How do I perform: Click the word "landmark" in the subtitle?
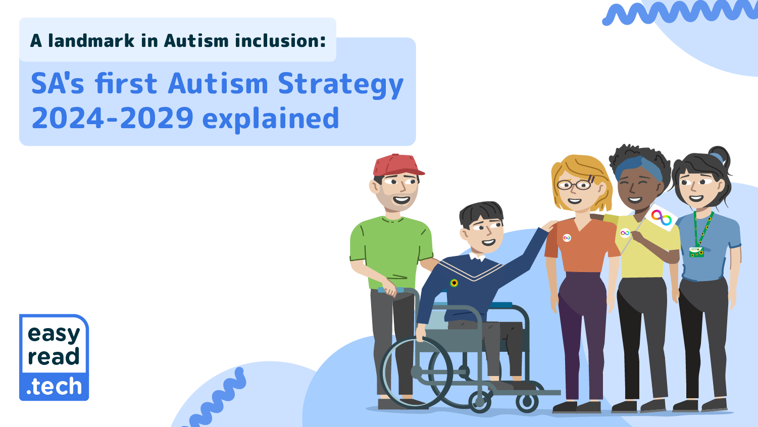point(91,41)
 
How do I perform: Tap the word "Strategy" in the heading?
point(341,84)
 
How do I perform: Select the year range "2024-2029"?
point(113,119)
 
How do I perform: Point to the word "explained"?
point(270,119)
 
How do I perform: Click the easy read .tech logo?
point(54,358)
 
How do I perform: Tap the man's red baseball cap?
point(396,165)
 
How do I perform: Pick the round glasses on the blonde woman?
point(575,185)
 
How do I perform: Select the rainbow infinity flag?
point(661,218)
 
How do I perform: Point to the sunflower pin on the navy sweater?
point(454,283)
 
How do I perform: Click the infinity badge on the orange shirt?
point(567,238)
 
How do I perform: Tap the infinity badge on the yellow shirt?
point(625,233)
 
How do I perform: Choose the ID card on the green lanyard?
point(696,251)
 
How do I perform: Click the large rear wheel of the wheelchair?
point(417,372)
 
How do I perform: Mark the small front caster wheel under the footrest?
point(527,402)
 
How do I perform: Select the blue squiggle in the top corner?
point(679,13)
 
